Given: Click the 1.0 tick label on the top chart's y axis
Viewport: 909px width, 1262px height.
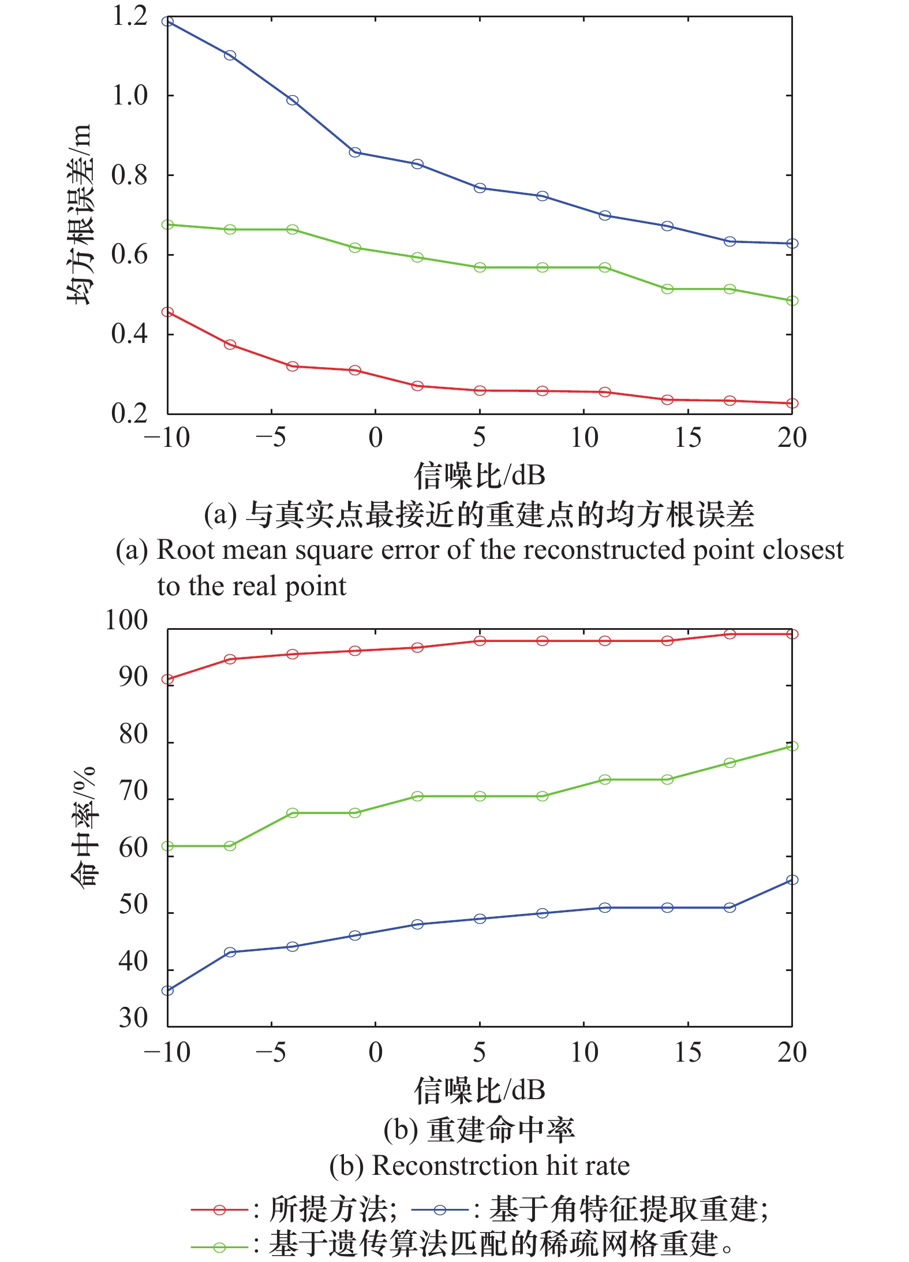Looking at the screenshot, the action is [x=130, y=96].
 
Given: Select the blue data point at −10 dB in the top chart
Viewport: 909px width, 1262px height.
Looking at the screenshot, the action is [x=167, y=21].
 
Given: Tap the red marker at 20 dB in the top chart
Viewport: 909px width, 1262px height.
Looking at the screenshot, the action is [x=792, y=403].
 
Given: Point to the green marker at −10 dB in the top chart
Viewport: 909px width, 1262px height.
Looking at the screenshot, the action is [x=167, y=225].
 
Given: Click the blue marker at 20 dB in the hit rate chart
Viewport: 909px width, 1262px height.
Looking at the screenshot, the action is [x=792, y=880].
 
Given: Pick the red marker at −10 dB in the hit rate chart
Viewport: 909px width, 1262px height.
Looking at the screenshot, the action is [x=167, y=679].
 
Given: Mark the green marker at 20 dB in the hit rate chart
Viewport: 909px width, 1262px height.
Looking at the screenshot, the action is [x=792, y=746].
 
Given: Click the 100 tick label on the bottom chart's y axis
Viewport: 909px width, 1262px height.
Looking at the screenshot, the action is [x=126, y=620].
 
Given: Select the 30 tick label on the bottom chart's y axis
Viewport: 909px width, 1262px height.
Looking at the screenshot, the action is [x=133, y=1017].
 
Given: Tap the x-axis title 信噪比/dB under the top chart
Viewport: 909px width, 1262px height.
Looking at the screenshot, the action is [x=480, y=475].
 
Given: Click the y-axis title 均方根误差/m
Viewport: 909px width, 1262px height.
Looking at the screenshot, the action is [x=79, y=214].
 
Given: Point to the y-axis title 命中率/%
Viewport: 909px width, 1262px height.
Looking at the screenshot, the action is [x=83, y=827].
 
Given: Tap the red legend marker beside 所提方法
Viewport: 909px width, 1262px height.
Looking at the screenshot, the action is [x=219, y=1209].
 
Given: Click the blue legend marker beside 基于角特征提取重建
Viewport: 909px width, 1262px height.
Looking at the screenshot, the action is [x=440, y=1209].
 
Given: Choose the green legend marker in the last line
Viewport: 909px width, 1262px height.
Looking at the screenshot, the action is [x=219, y=1247].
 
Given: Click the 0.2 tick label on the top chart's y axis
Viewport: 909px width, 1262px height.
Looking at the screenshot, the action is [x=130, y=414].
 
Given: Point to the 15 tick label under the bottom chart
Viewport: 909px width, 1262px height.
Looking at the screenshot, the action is [x=688, y=1052].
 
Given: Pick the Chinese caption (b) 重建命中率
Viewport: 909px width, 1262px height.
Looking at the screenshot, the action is [x=480, y=1129].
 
